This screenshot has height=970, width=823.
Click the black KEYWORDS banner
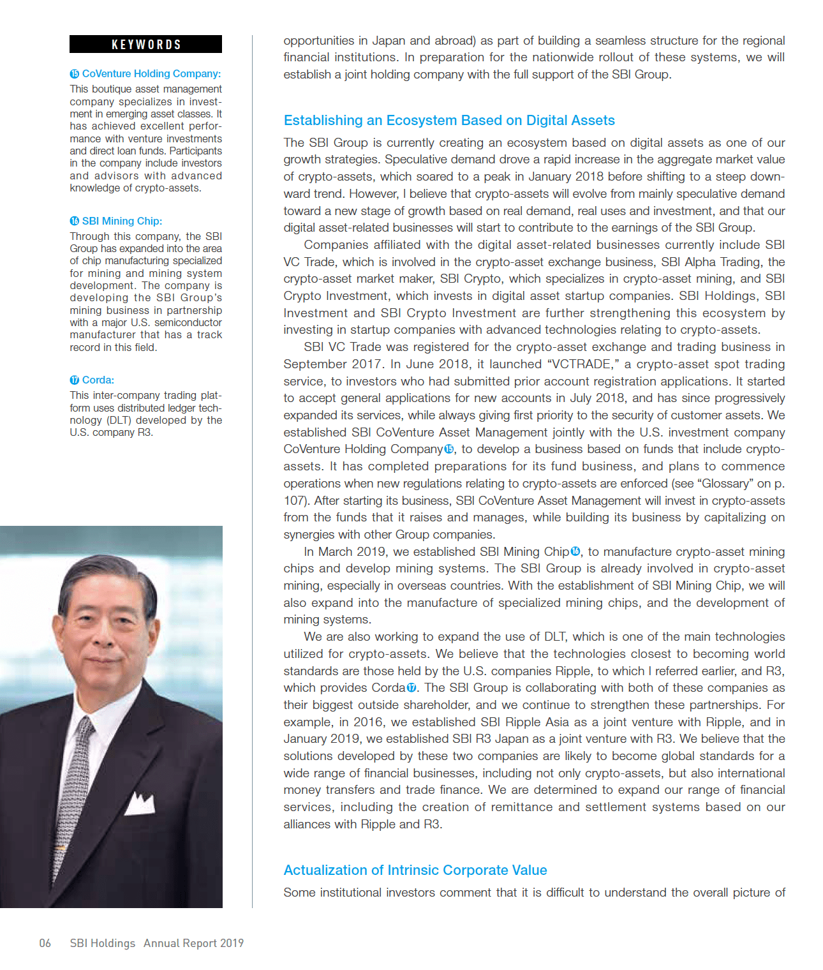tap(145, 44)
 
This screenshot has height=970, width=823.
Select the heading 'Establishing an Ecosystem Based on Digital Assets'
tap(449, 121)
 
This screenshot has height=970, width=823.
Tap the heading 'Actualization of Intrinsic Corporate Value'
tap(415, 870)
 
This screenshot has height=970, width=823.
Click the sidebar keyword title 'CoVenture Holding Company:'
tap(151, 74)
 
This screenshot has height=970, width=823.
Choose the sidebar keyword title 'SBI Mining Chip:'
tap(122, 221)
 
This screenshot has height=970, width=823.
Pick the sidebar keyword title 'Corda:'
tap(98, 380)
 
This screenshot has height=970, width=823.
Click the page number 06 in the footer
tap(45, 943)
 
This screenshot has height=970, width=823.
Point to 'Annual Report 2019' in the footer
tap(193, 943)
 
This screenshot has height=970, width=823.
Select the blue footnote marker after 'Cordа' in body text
tap(411, 688)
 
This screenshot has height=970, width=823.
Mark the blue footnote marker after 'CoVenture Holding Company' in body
tap(449, 449)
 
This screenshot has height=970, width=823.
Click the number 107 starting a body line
tap(295, 501)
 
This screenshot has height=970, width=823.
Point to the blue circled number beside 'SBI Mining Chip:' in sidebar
tap(75, 221)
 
